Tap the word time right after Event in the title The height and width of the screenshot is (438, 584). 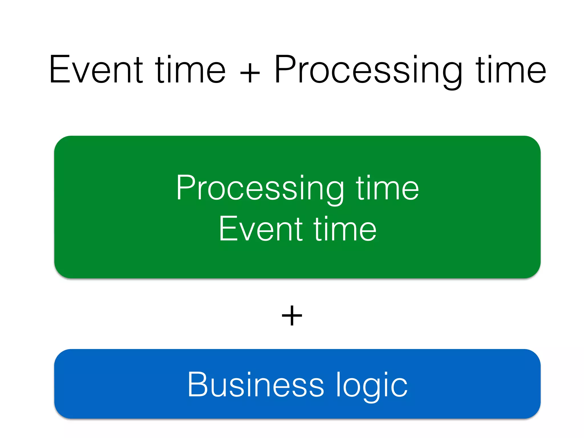(x=190, y=70)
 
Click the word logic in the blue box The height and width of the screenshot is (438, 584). (x=372, y=385)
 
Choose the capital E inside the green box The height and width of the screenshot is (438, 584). (x=228, y=229)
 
